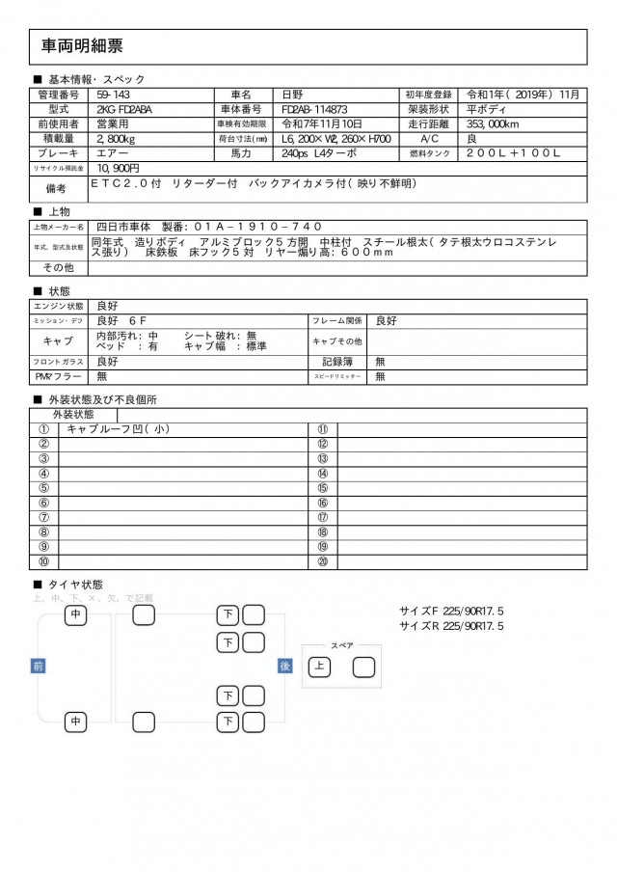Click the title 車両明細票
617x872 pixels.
(x=82, y=45)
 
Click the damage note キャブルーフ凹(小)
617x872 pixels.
(x=124, y=429)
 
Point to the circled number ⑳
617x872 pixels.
(x=323, y=560)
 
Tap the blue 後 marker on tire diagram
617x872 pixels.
(x=285, y=666)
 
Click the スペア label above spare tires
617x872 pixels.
(x=341, y=645)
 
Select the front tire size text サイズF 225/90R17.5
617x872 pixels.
(x=452, y=611)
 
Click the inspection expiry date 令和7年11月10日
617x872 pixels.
(x=321, y=124)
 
